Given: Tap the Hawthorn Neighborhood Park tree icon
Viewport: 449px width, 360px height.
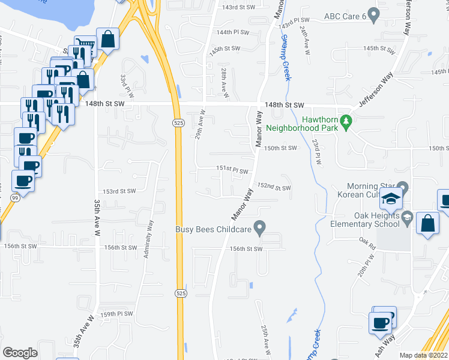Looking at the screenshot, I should click(x=345, y=122).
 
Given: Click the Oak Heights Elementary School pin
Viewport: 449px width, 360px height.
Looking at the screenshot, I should click(x=407, y=218).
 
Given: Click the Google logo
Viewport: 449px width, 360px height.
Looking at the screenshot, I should click(x=20, y=352).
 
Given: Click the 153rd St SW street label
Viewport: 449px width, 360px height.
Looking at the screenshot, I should click(x=119, y=191).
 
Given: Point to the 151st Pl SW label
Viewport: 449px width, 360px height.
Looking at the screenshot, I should click(x=232, y=171).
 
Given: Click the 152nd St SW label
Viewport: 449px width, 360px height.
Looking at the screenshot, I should click(x=274, y=188).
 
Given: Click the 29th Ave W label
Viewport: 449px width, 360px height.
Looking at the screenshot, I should click(x=199, y=124).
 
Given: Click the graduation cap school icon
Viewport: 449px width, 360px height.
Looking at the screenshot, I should click(x=391, y=199).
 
